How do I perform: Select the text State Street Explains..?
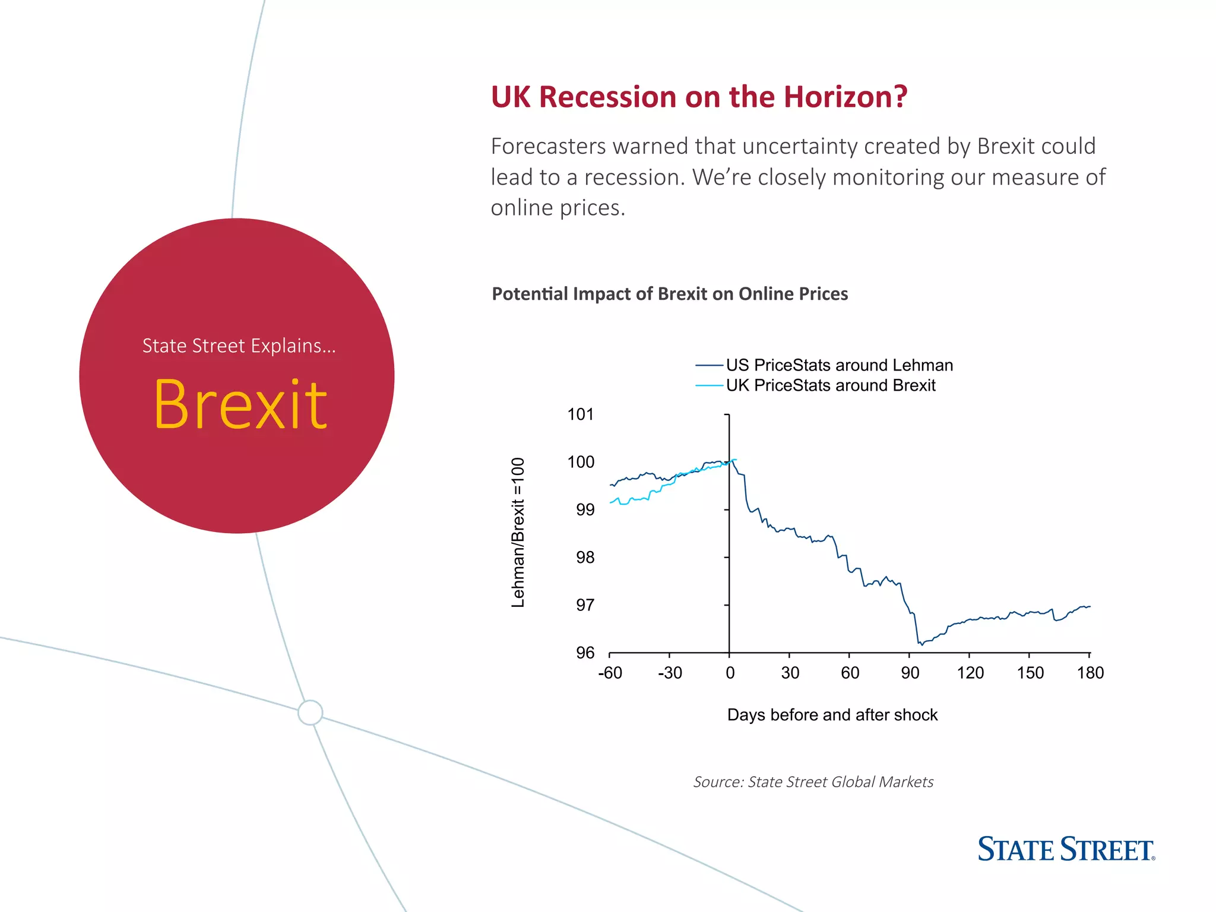(239, 346)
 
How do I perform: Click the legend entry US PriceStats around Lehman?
(838, 365)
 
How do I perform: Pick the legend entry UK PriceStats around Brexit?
(830, 385)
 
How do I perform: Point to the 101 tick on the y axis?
(580, 414)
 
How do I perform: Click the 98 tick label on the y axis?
(584, 558)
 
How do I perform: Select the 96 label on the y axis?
(584, 653)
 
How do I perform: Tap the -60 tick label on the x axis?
(610, 673)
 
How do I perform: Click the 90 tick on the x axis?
(910, 673)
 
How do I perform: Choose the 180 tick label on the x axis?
(1090, 673)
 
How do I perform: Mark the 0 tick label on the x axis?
(730, 673)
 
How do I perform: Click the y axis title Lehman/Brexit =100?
(518, 533)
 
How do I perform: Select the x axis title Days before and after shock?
(832, 715)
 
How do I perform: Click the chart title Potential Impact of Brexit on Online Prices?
(670, 294)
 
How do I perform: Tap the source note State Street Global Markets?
(813, 782)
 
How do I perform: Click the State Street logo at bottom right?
(1066, 849)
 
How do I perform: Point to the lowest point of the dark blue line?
(920, 644)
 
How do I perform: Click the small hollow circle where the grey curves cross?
(310, 712)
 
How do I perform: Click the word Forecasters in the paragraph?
(548, 146)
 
